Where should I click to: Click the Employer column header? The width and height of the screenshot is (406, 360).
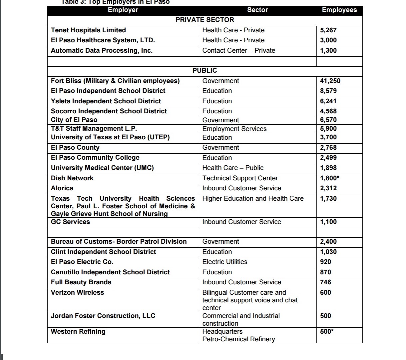123,10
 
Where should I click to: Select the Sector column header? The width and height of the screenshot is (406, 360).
257,10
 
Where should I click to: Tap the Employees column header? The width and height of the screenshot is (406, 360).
339,10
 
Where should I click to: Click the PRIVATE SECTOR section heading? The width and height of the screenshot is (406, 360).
204,20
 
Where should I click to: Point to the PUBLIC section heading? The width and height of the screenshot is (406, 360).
204,71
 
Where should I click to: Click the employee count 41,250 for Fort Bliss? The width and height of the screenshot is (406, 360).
330,81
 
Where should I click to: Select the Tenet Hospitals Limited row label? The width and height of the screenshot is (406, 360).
88,30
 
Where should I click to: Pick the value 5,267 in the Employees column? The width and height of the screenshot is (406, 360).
328,30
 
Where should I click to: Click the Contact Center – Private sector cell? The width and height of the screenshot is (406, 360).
238,51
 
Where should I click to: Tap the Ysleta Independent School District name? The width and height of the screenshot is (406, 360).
106,101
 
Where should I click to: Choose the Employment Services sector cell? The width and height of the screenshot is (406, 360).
234,129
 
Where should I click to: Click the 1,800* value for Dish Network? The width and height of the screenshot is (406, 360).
329,178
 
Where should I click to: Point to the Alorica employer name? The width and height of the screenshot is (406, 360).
62,188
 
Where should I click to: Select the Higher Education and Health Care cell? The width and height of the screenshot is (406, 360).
253,199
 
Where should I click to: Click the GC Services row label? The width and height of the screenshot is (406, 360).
70,222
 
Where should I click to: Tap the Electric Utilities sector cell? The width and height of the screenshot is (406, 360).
224,262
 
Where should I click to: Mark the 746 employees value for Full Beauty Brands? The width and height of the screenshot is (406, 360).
325,282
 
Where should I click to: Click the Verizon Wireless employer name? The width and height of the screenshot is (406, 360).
77,293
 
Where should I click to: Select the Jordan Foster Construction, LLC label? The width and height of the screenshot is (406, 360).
103,316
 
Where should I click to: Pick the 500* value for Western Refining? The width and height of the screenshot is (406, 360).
326,332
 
